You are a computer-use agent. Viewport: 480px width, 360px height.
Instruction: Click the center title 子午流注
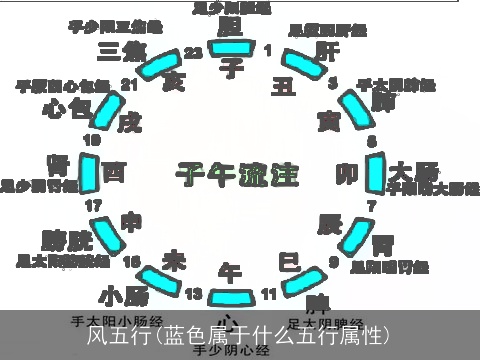pos(238,176)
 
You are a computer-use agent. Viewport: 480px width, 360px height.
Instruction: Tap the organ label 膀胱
pos(67,240)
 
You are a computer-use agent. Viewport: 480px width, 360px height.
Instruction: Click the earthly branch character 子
pos(232,67)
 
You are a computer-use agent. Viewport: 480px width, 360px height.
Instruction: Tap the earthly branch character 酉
pos(114,174)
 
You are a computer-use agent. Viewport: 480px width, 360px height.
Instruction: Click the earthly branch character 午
pos(230,271)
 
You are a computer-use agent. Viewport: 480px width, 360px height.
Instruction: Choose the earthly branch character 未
pos(175,260)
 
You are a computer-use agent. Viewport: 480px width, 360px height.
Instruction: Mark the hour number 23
pos(192,51)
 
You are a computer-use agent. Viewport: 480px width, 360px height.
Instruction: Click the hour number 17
pos(93,206)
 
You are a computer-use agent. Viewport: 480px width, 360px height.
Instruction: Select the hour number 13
pos(193,293)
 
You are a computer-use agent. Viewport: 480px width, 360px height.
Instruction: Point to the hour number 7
pos(371,206)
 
